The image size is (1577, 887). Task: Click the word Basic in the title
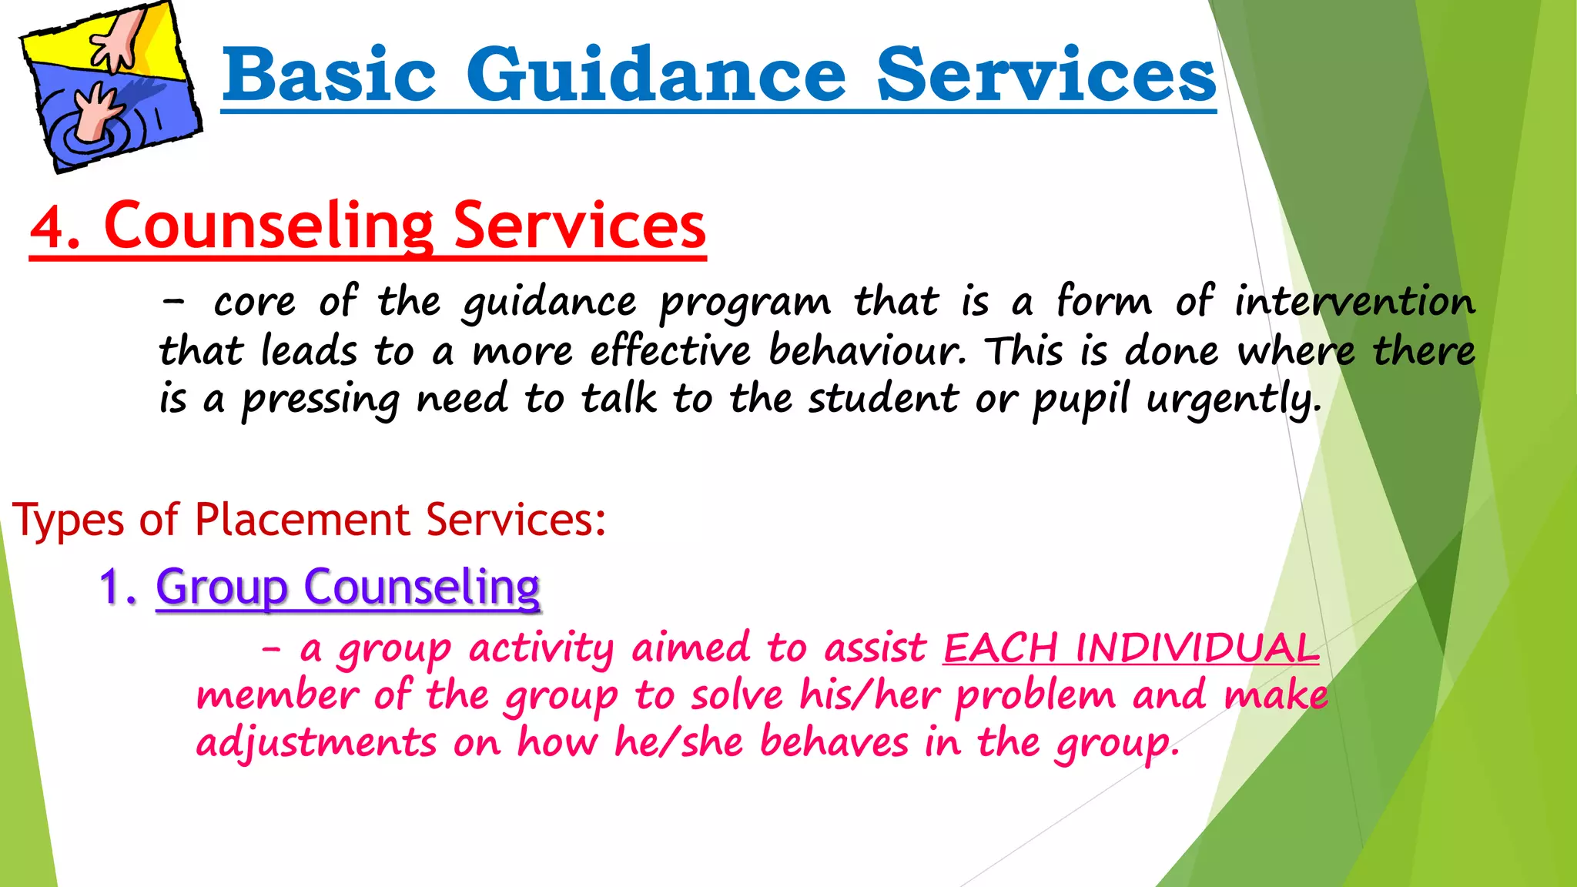click(329, 75)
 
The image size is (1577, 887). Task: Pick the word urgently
click(1234, 400)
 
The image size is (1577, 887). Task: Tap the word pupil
click(1080, 400)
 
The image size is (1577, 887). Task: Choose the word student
click(883, 399)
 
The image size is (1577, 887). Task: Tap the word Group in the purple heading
click(222, 587)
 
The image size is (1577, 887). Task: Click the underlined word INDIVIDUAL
click(1197, 648)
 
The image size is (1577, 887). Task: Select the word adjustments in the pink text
click(316, 742)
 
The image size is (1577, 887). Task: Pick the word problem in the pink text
click(1035, 696)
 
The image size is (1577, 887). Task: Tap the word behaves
click(834, 742)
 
